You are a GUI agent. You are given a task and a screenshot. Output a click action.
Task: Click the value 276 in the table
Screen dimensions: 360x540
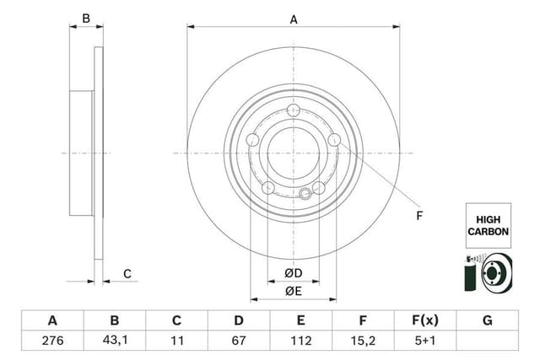[x=52, y=341]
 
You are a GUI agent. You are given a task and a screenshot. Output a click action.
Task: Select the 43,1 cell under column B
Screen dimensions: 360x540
[x=116, y=341]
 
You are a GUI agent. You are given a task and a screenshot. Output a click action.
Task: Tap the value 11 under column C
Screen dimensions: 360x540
[x=177, y=341]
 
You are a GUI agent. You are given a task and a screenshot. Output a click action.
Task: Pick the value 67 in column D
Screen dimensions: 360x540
[x=239, y=341]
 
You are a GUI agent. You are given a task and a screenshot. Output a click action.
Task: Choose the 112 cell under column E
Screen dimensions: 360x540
[x=301, y=341]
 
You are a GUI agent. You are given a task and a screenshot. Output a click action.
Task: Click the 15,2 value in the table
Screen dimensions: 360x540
[x=363, y=341]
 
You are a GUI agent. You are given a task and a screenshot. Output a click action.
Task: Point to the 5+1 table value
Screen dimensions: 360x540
[x=424, y=341]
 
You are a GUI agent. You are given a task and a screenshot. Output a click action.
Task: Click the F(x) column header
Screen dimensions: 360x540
[x=424, y=320]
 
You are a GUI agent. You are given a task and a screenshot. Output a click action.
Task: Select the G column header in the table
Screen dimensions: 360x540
[x=487, y=320]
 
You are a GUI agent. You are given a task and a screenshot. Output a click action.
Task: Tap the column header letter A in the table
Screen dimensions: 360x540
[x=52, y=320]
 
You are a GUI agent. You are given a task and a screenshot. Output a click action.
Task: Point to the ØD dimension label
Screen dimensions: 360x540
[x=294, y=273]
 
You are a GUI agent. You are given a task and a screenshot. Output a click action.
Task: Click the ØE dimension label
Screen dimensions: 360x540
[x=294, y=291]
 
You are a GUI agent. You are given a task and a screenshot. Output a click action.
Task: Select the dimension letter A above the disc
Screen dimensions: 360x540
[x=294, y=19]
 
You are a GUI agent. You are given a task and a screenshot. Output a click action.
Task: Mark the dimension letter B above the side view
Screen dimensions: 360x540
[x=85, y=19]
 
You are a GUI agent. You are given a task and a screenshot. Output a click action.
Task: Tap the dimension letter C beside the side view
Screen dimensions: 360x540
[x=127, y=273]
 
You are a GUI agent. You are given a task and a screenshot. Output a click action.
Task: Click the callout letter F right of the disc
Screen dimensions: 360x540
[x=419, y=216]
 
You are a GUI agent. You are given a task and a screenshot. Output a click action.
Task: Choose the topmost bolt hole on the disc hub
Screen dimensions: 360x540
[x=294, y=110]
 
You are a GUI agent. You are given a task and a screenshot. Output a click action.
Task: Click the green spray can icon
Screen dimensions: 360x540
[x=469, y=274]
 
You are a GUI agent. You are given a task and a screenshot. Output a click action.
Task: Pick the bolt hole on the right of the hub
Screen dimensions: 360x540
[x=334, y=140]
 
